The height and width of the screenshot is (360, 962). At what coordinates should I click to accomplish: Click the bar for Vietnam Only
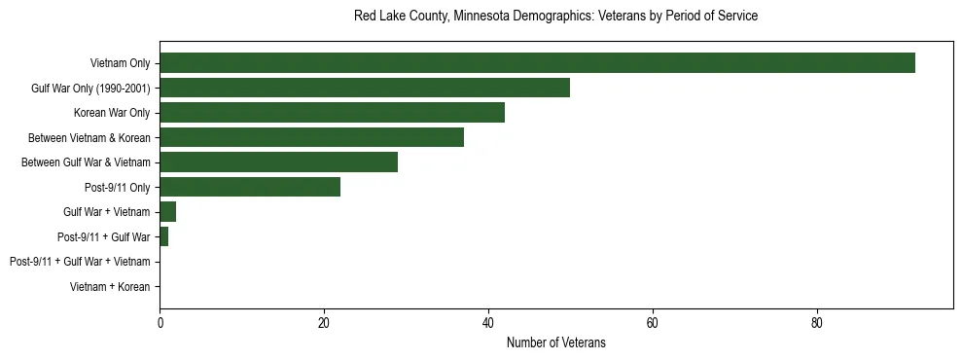click(x=537, y=63)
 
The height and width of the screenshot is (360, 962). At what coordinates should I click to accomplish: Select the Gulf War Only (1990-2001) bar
click(x=365, y=88)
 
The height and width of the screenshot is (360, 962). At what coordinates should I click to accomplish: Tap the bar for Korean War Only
click(x=332, y=112)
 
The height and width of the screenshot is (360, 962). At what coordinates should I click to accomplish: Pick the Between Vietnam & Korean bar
click(x=311, y=137)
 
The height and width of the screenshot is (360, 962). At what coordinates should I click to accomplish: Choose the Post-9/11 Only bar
click(x=250, y=187)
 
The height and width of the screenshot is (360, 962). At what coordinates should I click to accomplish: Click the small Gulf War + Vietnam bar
click(x=167, y=211)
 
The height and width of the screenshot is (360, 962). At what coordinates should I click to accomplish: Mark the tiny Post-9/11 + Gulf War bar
click(x=163, y=236)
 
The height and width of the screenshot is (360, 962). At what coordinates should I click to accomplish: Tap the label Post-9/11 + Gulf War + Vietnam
click(x=80, y=262)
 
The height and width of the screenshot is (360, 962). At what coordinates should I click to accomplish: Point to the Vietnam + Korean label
click(x=110, y=286)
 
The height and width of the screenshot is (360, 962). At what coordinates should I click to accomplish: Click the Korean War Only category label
click(x=112, y=113)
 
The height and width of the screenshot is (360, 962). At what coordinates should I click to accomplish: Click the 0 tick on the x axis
click(x=160, y=325)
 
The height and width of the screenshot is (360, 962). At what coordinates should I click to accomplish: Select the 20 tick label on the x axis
click(x=324, y=325)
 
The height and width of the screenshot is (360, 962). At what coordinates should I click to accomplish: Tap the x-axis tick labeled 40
click(x=488, y=325)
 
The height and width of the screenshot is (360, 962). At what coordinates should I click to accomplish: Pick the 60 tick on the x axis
click(x=653, y=325)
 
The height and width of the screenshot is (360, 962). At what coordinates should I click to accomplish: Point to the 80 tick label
click(x=817, y=325)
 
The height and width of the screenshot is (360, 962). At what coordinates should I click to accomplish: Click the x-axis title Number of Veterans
click(x=555, y=343)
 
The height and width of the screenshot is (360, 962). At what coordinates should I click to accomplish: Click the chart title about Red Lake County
click(x=555, y=17)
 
